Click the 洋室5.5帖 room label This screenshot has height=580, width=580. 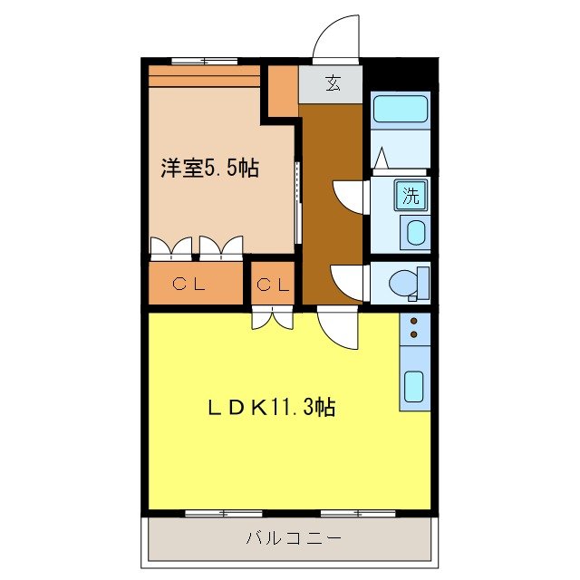(209, 168)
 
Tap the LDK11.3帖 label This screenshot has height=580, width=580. (273, 408)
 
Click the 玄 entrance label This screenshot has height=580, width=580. (333, 84)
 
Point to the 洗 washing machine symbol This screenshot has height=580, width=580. (411, 194)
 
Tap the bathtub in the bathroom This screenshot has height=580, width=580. (401, 110)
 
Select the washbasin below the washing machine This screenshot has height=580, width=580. (415, 232)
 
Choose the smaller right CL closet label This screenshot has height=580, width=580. (273, 285)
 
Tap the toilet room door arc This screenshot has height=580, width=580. (348, 280)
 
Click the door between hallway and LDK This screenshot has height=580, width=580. (338, 328)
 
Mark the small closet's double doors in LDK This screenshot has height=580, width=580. (272, 319)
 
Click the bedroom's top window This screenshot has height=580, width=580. (204, 62)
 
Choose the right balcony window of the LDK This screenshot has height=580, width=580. (358, 514)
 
